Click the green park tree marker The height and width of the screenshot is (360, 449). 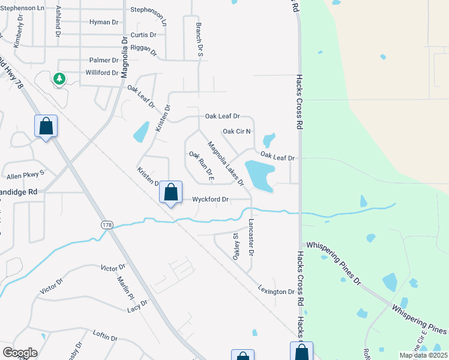pyautogui.click(x=59, y=78)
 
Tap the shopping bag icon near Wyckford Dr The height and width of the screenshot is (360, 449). pyautogui.click(x=171, y=193)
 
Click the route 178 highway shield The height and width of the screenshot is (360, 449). pyautogui.click(x=107, y=224)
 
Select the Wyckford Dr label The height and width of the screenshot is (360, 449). pyautogui.click(x=210, y=199)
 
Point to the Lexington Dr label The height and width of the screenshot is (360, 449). pyautogui.click(x=277, y=292)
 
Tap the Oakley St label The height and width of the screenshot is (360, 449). pyautogui.click(x=236, y=247)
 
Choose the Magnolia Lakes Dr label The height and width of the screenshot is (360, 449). pyautogui.click(x=226, y=163)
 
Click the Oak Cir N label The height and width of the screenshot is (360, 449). pyautogui.click(x=237, y=131)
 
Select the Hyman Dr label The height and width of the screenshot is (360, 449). pyautogui.click(x=104, y=22)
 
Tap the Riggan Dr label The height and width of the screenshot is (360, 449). pyautogui.click(x=143, y=51)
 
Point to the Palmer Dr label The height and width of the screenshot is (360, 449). pyautogui.click(x=104, y=61)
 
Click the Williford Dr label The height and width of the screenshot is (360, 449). pyautogui.click(x=101, y=73)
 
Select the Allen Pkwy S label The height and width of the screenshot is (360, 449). pyautogui.click(x=26, y=176)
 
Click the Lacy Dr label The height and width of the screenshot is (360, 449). pyautogui.click(x=137, y=308)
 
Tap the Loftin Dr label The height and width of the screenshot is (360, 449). pyautogui.click(x=105, y=338)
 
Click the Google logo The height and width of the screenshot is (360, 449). pyautogui.click(x=20, y=353)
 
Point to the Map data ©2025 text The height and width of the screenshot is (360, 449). pyautogui.click(x=423, y=355)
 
